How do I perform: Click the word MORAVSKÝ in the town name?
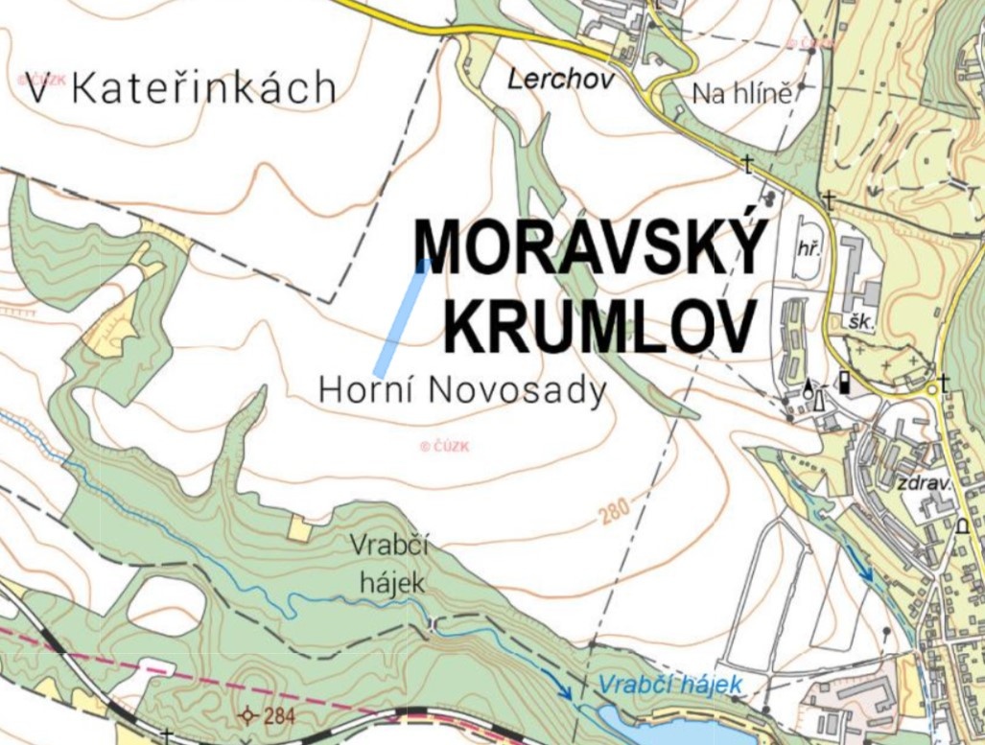(591, 246)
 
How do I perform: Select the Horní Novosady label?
(462, 390)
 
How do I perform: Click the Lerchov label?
(560, 80)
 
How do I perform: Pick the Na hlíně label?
(741, 94)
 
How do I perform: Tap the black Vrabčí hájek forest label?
(387, 563)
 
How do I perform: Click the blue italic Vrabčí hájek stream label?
(668, 685)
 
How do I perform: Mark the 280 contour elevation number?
(615, 513)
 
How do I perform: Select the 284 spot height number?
(278, 715)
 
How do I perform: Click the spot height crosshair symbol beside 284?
(248, 714)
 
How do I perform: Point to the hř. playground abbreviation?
(808, 249)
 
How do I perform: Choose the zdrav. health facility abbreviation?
(924, 483)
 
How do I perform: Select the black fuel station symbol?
(844, 381)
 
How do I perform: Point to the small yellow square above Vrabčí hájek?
(299, 528)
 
